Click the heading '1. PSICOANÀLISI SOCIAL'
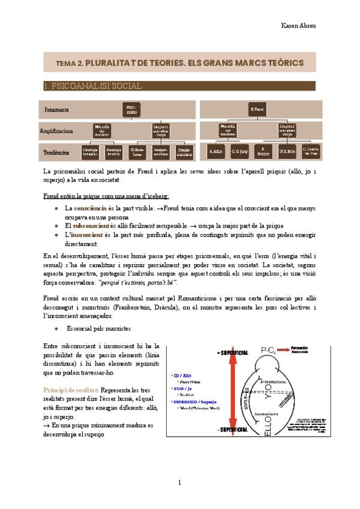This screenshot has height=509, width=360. coord(92,86)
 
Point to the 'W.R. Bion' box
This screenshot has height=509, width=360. coord(285,152)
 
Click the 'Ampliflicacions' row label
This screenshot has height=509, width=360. coord(56,130)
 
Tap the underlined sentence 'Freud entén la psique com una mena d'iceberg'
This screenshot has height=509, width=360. coord(106,196)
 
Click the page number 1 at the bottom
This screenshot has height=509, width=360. coord(179,483)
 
